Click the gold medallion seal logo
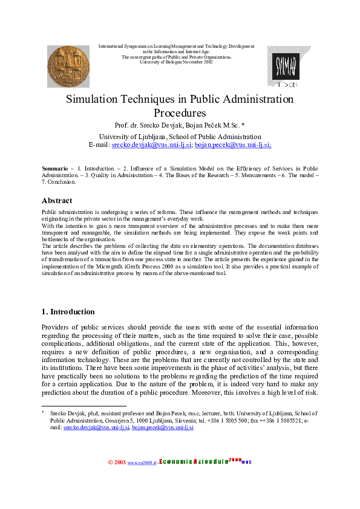[x=68, y=66]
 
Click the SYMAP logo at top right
[x=283, y=66]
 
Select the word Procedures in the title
[x=180, y=113]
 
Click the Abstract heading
[x=57, y=201]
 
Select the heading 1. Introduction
[x=68, y=312]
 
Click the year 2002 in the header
[x=206, y=62]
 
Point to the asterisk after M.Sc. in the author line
[x=243, y=126]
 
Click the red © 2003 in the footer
[x=117, y=462]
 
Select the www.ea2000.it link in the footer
[x=140, y=463]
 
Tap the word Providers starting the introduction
[x=59, y=326]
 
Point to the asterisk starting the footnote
[x=43, y=412]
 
